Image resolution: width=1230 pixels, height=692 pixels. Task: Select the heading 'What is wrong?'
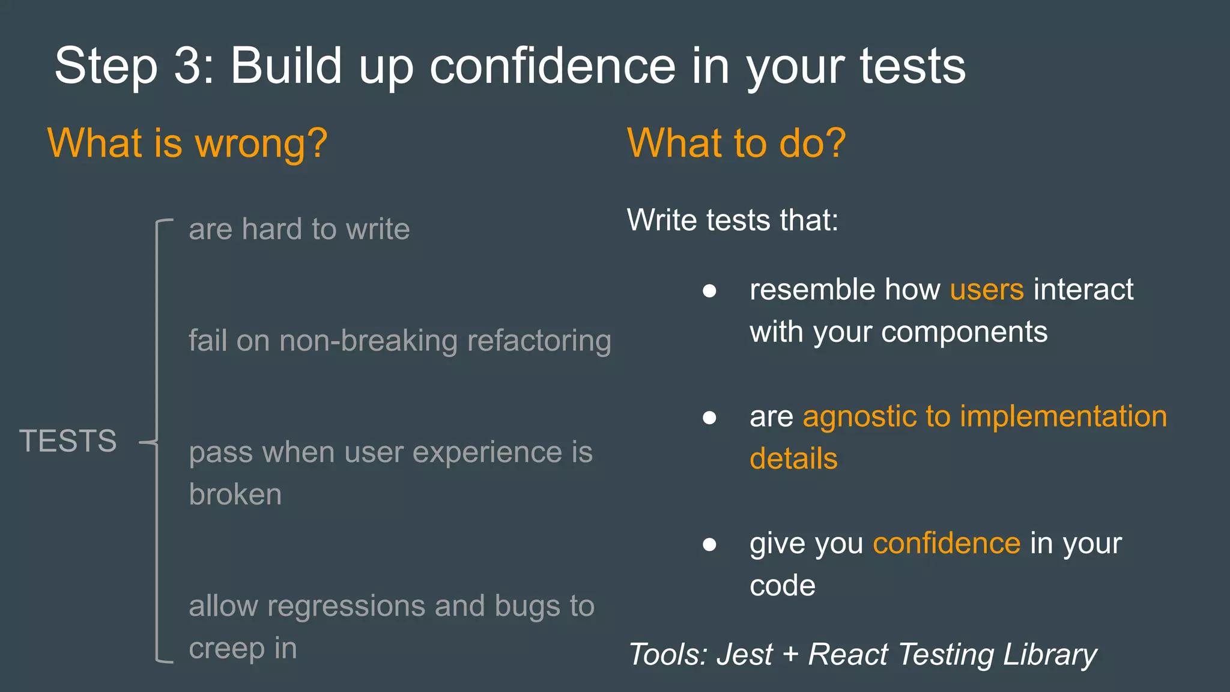187,144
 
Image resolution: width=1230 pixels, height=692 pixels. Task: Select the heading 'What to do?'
736,144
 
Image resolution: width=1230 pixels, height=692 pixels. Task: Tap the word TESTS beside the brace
68,441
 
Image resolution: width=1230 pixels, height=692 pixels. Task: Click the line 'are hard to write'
299,229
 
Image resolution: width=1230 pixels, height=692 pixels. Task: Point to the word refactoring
539,341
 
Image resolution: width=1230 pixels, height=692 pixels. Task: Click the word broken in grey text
235,494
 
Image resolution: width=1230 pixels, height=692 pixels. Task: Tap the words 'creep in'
243,648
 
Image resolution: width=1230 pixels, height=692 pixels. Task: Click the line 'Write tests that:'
732,220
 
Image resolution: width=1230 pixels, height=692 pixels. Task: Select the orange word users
986,290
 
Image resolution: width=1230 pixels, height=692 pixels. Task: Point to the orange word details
793,459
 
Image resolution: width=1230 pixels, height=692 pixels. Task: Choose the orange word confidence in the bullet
946,543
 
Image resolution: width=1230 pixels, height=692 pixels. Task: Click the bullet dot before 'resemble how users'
709,291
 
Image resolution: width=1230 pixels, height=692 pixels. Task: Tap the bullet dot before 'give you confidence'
709,545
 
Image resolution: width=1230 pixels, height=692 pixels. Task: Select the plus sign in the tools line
790,654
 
